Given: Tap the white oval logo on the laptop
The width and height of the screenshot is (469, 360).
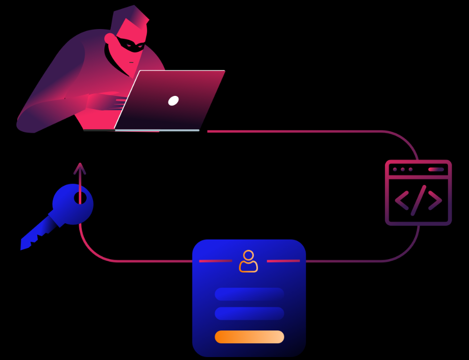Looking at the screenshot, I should pyautogui.click(x=173, y=101).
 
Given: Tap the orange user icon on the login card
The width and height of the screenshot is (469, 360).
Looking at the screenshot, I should pyautogui.click(x=249, y=261).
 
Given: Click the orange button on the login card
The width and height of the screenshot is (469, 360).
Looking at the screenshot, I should pyautogui.click(x=250, y=337).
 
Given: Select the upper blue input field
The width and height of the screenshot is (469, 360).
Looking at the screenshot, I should pyautogui.click(x=250, y=294).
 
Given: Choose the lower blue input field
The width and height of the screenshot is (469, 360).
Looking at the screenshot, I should pyautogui.click(x=250, y=314).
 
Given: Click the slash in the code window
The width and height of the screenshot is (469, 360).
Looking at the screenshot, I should pyautogui.click(x=419, y=200).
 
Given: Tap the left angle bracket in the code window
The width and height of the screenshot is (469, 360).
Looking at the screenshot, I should pyautogui.click(x=402, y=200).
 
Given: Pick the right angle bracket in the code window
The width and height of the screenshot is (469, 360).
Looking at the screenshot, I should pyautogui.click(x=435, y=200).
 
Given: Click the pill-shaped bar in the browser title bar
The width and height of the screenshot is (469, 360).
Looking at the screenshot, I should pyautogui.click(x=436, y=169).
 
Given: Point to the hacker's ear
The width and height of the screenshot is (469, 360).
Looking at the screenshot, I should pyautogui.click(x=109, y=38).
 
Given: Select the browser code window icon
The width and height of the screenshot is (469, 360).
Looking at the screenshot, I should pyautogui.click(x=418, y=193).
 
